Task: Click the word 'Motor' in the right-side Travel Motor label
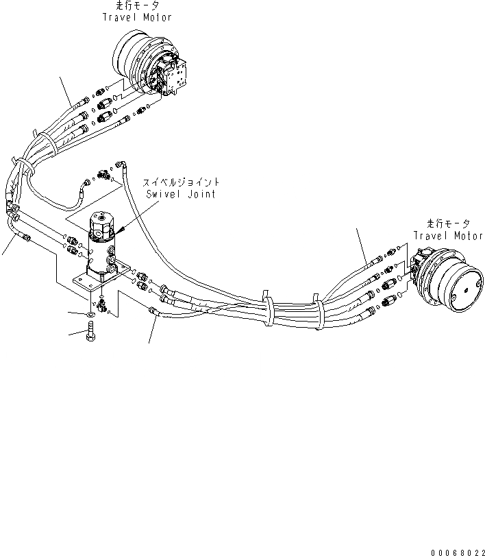(468, 235)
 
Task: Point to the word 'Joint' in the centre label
(201, 194)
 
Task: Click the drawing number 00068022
(458, 551)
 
